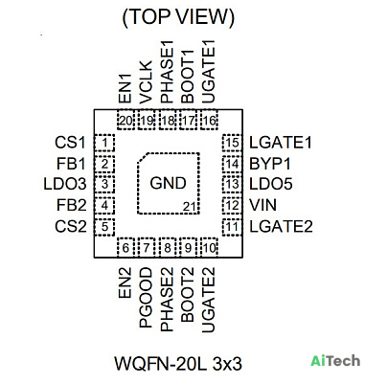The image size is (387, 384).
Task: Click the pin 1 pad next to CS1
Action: point(104,143)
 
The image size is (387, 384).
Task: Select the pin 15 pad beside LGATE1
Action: point(232,143)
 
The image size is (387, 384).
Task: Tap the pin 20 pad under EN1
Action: point(125,120)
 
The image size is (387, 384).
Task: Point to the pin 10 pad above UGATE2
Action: point(209,247)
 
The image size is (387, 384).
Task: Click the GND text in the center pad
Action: point(168,183)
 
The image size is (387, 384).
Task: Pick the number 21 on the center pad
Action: point(189,207)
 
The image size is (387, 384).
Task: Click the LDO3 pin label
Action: point(65,184)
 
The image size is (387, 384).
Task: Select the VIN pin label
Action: point(262,205)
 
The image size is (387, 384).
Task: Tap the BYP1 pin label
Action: point(270,164)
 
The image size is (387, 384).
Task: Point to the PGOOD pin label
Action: point(146,298)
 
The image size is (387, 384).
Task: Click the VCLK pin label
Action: point(146,82)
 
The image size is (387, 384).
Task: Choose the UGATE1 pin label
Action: point(208,72)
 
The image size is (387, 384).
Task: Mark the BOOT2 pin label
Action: point(188,294)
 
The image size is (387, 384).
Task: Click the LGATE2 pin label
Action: point(281,227)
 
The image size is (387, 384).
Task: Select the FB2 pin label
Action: point(72,205)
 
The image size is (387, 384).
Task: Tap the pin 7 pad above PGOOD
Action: point(147,247)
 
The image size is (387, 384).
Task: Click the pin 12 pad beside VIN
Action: point(232,205)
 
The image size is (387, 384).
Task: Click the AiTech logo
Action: point(335,361)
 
